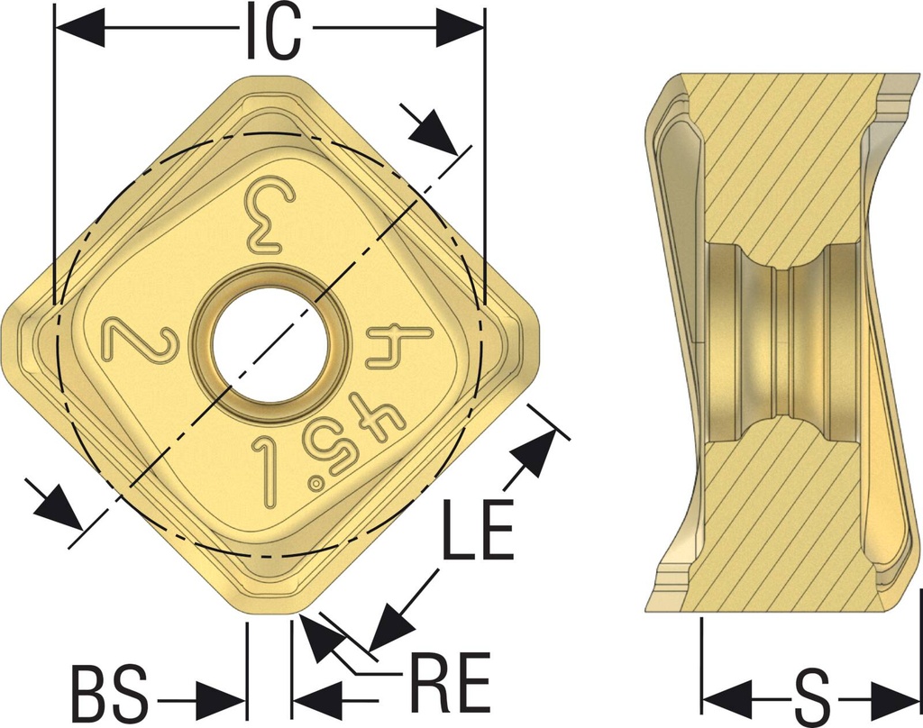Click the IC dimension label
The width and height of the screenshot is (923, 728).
[272, 32]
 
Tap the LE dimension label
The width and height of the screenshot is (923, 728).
[478, 530]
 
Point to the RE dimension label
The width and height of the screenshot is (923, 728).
[451, 681]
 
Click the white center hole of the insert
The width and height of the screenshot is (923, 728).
[270, 345]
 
